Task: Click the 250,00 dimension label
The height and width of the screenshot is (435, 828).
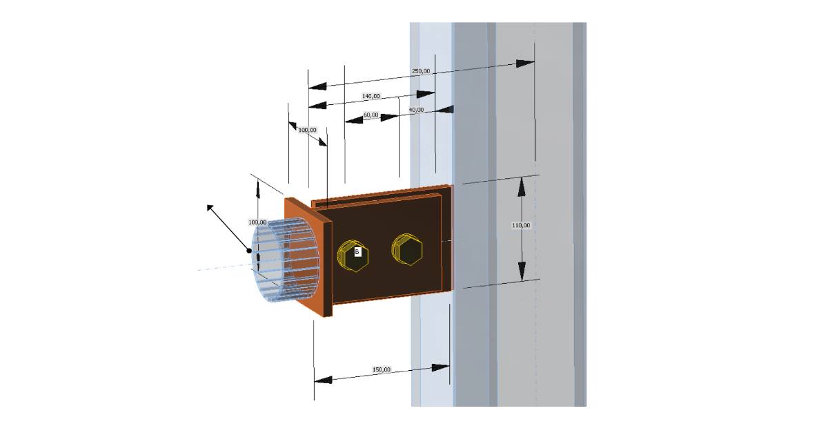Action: click(421, 71)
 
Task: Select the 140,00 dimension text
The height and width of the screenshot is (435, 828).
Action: click(371, 96)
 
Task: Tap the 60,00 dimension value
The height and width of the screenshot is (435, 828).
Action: click(371, 115)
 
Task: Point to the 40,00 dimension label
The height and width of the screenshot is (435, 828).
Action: click(416, 110)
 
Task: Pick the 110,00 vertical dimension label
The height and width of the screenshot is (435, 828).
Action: click(522, 225)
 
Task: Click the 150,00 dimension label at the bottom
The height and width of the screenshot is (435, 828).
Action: click(381, 369)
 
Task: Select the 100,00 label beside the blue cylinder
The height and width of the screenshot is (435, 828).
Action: click(257, 222)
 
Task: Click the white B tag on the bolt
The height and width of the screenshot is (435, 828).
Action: click(357, 252)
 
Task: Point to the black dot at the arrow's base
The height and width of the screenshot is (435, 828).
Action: click(250, 251)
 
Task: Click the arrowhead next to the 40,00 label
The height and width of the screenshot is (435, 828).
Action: click(445, 108)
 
